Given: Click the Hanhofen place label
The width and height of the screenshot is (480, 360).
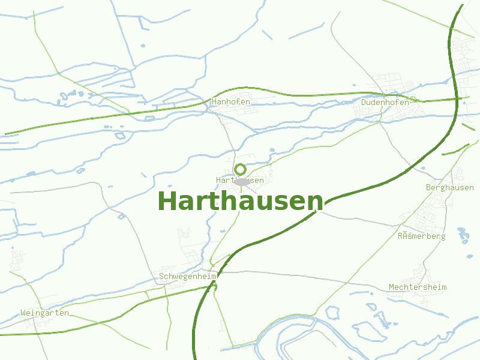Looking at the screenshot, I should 231,102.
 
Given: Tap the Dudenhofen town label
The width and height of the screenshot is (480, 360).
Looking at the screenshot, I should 385,102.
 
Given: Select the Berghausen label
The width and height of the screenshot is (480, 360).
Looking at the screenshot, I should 449,188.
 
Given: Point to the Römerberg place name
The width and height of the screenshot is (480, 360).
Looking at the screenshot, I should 421,236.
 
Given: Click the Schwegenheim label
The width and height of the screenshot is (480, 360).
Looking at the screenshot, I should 187,277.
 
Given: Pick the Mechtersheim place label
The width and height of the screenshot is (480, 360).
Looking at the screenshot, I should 418,287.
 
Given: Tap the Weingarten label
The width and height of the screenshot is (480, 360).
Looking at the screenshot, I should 44,313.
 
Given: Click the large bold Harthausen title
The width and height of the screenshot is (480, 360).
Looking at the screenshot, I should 240,202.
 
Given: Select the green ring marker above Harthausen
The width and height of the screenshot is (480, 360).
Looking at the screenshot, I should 241,169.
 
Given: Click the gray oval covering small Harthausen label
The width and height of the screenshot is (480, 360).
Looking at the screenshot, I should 241,181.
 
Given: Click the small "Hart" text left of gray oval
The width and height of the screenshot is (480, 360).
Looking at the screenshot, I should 224,180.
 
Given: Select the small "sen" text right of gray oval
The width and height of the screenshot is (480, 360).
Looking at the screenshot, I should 257,180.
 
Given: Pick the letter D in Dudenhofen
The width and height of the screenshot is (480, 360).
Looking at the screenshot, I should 364,102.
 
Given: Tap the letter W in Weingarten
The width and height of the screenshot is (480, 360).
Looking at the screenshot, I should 23,313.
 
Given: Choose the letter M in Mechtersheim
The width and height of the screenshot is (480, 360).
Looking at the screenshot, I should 391,287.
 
